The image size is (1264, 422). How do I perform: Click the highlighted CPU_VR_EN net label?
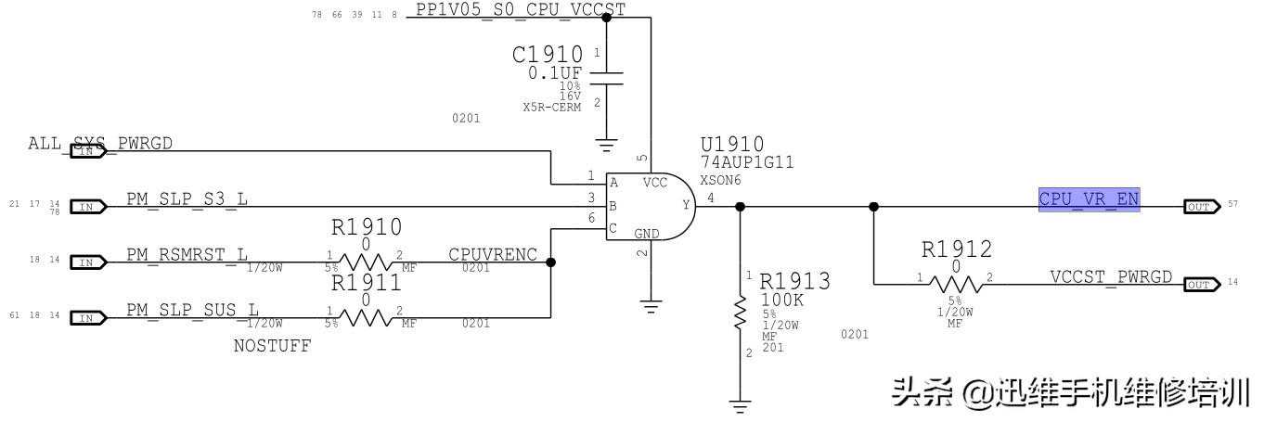(x=1089, y=198)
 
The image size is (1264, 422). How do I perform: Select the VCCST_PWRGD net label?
(x=1111, y=277)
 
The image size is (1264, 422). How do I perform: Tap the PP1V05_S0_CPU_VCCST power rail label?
(x=520, y=9)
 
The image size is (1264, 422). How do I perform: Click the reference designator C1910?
(x=548, y=55)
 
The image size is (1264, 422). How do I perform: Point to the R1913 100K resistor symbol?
(x=740, y=312)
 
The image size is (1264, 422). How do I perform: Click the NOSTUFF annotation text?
(x=272, y=346)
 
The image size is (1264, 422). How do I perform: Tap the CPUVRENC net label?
(x=492, y=255)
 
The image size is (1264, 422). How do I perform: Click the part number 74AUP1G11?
(x=747, y=162)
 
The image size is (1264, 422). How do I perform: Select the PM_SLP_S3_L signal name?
(x=187, y=198)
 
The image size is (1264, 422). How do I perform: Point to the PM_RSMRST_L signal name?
(x=187, y=254)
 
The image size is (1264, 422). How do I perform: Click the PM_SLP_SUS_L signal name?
(x=192, y=310)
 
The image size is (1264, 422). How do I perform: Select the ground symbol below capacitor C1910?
(x=606, y=145)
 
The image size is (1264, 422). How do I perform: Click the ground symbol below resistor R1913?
(x=740, y=404)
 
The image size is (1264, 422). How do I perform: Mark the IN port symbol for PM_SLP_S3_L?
(x=87, y=207)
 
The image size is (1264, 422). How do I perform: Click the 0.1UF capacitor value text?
(x=556, y=73)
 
